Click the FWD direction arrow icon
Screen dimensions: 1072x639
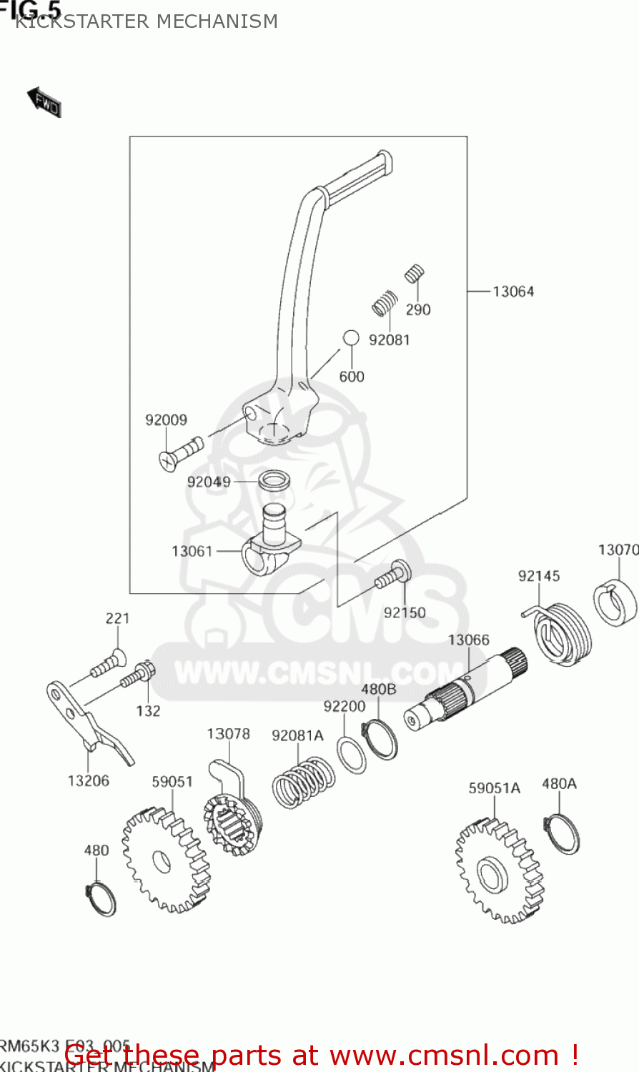tap(44, 102)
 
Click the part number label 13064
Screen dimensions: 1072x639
tap(512, 292)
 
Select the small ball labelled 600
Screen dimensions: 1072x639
tap(350, 337)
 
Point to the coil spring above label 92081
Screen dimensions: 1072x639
tap(385, 304)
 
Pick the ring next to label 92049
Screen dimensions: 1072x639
tap(274, 480)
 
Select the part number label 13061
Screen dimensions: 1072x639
tap(192, 551)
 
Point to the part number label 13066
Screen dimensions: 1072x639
tap(468, 640)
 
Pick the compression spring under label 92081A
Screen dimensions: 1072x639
tap(304, 782)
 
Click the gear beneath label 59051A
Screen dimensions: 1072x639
tap(495, 870)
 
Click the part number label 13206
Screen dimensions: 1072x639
tap(89, 781)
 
